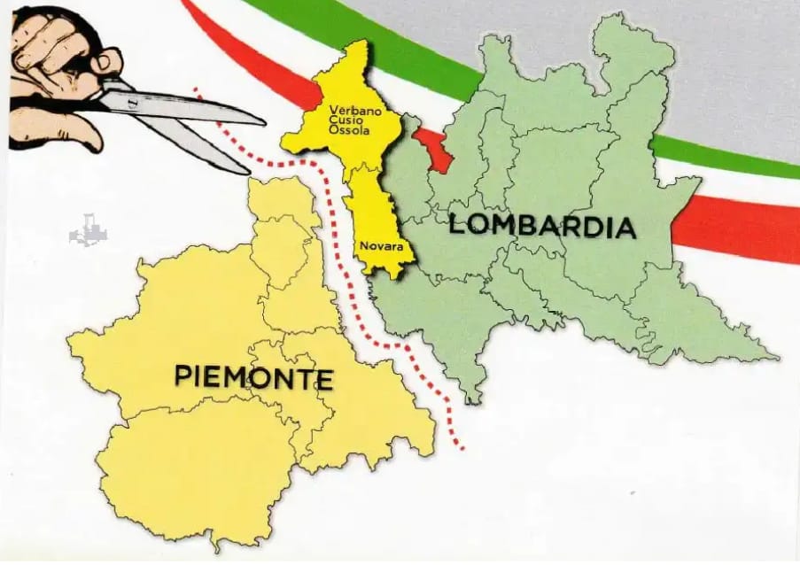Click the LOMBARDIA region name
click(x=542, y=226)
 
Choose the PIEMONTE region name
click(x=253, y=377)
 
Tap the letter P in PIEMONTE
click(x=183, y=377)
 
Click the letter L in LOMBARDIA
click(x=457, y=224)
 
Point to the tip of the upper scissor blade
click(x=263, y=121)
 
